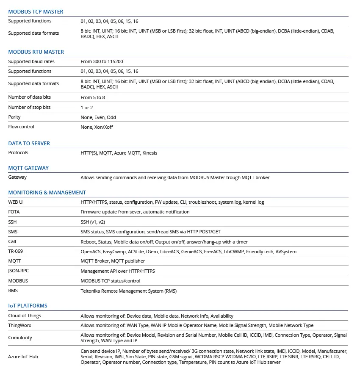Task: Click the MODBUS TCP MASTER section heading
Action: (x=36, y=12)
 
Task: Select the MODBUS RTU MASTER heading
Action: (x=36, y=52)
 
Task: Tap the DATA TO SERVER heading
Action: (x=29, y=144)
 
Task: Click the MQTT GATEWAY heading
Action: (x=28, y=168)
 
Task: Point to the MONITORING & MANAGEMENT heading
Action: (x=47, y=193)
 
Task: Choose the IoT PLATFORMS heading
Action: (x=28, y=306)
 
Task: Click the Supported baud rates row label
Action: (x=31, y=62)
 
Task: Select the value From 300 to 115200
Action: (x=102, y=62)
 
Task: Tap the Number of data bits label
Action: (x=29, y=97)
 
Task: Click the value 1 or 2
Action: (x=86, y=108)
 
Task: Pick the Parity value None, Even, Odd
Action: (x=98, y=117)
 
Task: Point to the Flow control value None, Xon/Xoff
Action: (x=97, y=127)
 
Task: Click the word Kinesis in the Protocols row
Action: (x=150, y=153)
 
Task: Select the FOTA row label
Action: (x=14, y=212)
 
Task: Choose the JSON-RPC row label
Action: (x=18, y=271)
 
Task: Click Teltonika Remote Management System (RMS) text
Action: (x=128, y=291)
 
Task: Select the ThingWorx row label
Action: (x=20, y=326)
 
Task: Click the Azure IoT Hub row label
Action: (x=23, y=357)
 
